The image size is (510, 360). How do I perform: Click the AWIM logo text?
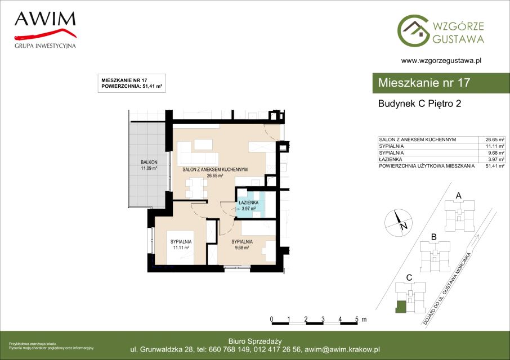[x=45, y=19]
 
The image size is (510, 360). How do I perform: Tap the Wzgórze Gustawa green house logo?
[x=413, y=30]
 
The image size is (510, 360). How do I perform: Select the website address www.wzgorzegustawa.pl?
[x=441, y=60]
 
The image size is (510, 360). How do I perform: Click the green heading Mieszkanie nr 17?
[x=424, y=83]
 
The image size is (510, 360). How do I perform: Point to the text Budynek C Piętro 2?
[x=419, y=103]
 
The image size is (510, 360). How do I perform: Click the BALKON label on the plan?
[x=149, y=162]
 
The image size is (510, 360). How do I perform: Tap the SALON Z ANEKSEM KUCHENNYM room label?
[x=215, y=170]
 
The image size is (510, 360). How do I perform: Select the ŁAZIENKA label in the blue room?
[x=248, y=202]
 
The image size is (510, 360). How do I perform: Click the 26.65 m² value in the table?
[x=495, y=139]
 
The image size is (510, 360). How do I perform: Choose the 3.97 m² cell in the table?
[x=496, y=160]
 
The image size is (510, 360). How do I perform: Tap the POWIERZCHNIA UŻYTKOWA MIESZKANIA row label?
[x=427, y=166]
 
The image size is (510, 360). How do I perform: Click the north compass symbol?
[x=399, y=223]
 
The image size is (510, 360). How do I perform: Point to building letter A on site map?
[x=459, y=196]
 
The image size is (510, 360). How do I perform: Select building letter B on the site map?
[x=433, y=237]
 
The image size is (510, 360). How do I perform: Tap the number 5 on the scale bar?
[x=357, y=319]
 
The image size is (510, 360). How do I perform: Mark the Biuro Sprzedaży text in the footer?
[x=255, y=341]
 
